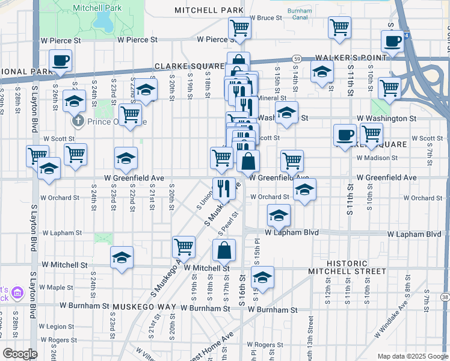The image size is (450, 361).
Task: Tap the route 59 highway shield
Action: click(x=297, y=58)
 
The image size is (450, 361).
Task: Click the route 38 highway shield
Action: click(x=445, y=297)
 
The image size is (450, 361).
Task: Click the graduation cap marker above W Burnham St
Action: click(x=262, y=277)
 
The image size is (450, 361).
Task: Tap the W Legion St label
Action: click(x=56, y=327)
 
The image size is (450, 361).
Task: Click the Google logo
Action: click(x=20, y=354)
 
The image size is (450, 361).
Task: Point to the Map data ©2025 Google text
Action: click(x=412, y=356)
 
